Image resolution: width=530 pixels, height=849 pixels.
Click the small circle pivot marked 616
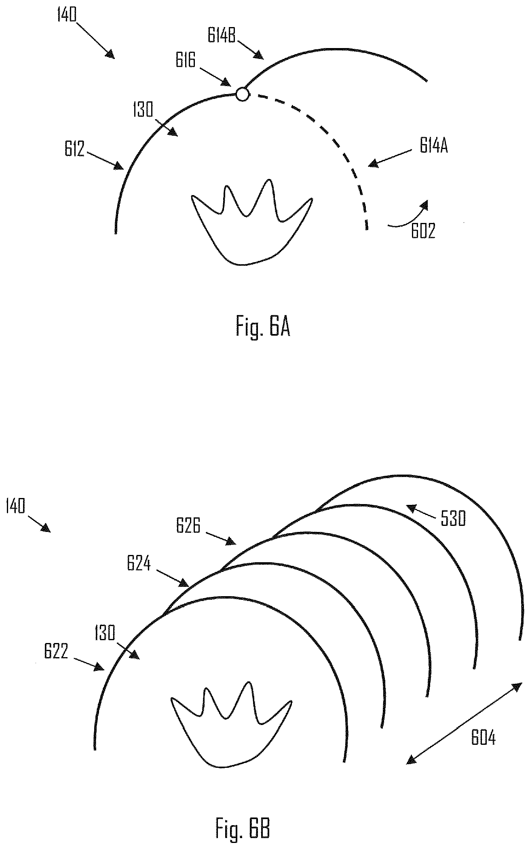[242, 94]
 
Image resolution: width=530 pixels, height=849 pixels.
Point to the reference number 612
[74, 149]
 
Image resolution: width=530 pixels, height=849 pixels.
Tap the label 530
[454, 519]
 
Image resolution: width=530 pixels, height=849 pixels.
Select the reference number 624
[139, 564]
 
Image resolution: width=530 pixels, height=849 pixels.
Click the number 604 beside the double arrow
[483, 738]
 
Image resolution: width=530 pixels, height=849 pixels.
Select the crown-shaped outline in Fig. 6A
[251, 222]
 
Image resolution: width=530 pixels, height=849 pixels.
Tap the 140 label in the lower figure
[16, 506]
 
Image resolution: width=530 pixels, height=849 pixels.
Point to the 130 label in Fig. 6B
[106, 633]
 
